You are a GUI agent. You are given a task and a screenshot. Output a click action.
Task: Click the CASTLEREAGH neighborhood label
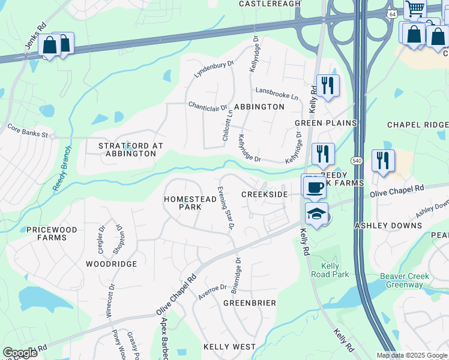(x=269, y=4)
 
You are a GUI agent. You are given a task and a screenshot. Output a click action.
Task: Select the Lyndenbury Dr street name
(x=213, y=69)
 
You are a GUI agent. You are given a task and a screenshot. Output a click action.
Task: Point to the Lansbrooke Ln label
(x=277, y=94)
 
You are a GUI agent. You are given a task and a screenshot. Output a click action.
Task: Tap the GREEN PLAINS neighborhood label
(x=325, y=123)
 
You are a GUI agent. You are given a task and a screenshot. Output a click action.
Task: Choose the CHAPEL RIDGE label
(x=418, y=125)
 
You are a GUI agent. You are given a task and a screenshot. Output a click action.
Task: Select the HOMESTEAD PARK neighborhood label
(x=182, y=202)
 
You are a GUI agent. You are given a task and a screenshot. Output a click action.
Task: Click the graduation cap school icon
(x=316, y=214)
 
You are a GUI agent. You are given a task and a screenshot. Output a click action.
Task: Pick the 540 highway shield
(x=357, y=161)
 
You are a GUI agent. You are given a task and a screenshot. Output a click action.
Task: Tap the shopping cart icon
(x=414, y=10)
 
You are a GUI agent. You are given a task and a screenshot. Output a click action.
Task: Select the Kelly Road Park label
(x=330, y=270)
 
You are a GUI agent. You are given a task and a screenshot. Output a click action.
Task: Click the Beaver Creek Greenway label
(x=405, y=280)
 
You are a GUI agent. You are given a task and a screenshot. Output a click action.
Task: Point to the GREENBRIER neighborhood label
(x=250, y=303)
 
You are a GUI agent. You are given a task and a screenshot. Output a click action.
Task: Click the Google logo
(x=20, y=353)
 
